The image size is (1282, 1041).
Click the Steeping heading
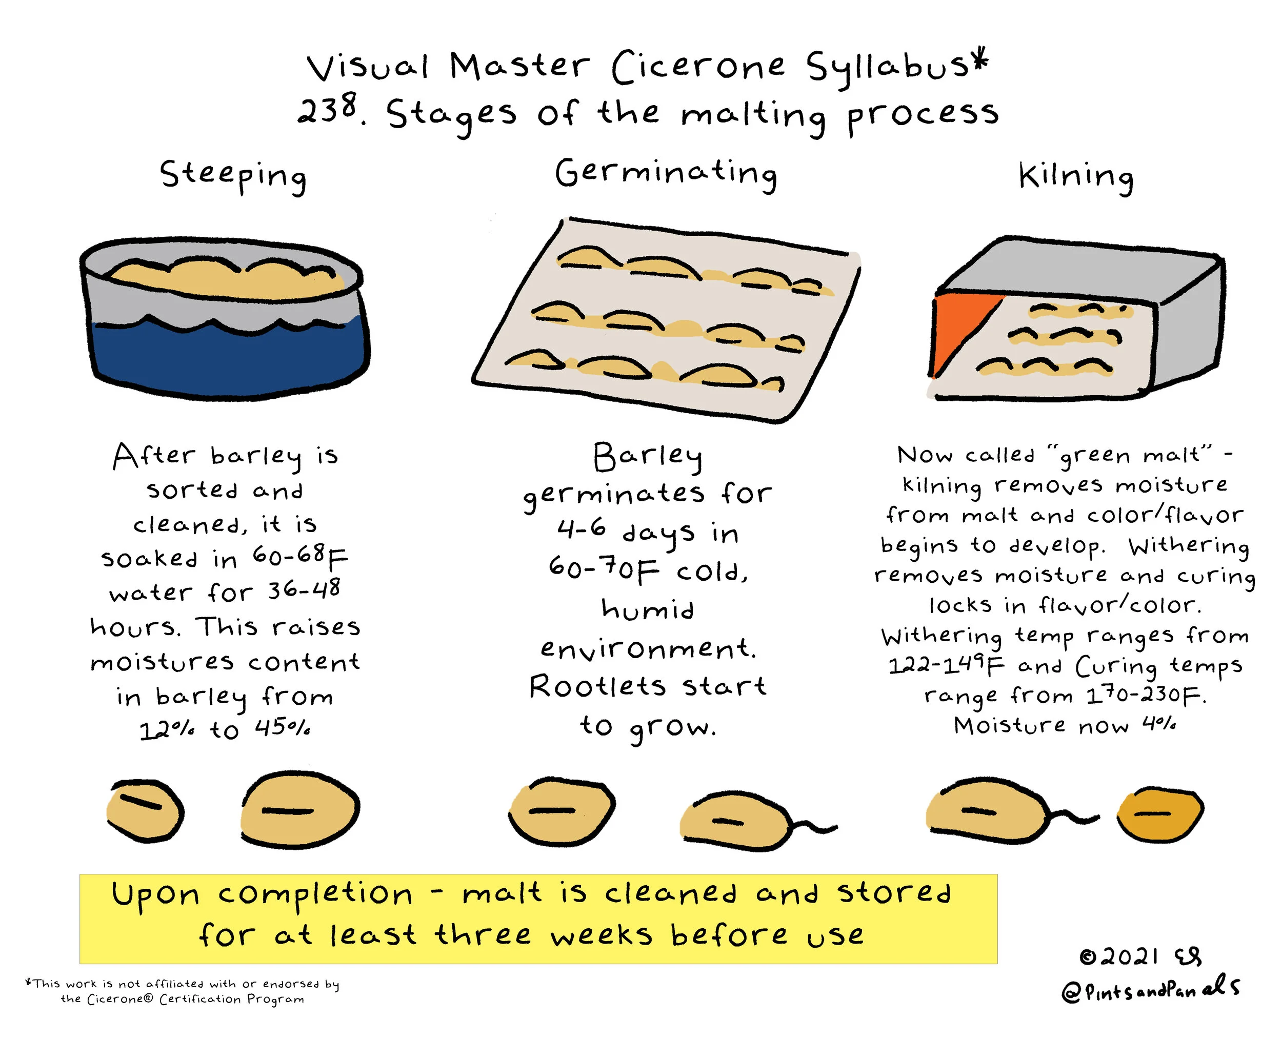pyautogui.click(x=233, y=175)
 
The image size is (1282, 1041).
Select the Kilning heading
pyautogui.click(x=1076, y=176)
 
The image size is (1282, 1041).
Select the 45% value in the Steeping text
pyautogui.click(x=283, y=728)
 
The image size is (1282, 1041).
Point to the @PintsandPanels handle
pyautogui.click(x=1150, y=990)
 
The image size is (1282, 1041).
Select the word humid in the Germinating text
pyautogui.click(x=647, y=609)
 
